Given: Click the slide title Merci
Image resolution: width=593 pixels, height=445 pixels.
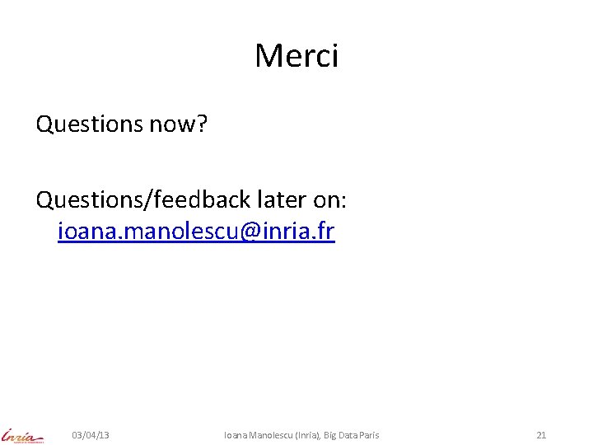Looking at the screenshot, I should (x=296, y=56).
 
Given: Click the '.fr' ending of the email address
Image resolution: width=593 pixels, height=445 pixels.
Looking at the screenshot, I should (x=322, y=232).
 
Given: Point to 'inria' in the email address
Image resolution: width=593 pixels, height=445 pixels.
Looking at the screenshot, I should (x=285, y=232).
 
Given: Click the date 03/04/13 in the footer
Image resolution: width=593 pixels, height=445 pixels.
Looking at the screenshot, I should (x=91, y=434).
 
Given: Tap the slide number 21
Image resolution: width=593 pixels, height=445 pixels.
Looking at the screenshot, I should (x=541, y=434).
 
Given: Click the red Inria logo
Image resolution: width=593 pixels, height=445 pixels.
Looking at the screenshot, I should (x=23, y=434).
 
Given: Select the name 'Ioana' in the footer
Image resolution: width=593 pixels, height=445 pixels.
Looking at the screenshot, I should (x=236, y=434).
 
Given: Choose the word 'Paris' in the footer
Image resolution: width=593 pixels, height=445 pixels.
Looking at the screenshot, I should (x=367, y=434).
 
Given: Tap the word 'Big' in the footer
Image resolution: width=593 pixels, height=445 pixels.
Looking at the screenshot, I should (x=334, y=434).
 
